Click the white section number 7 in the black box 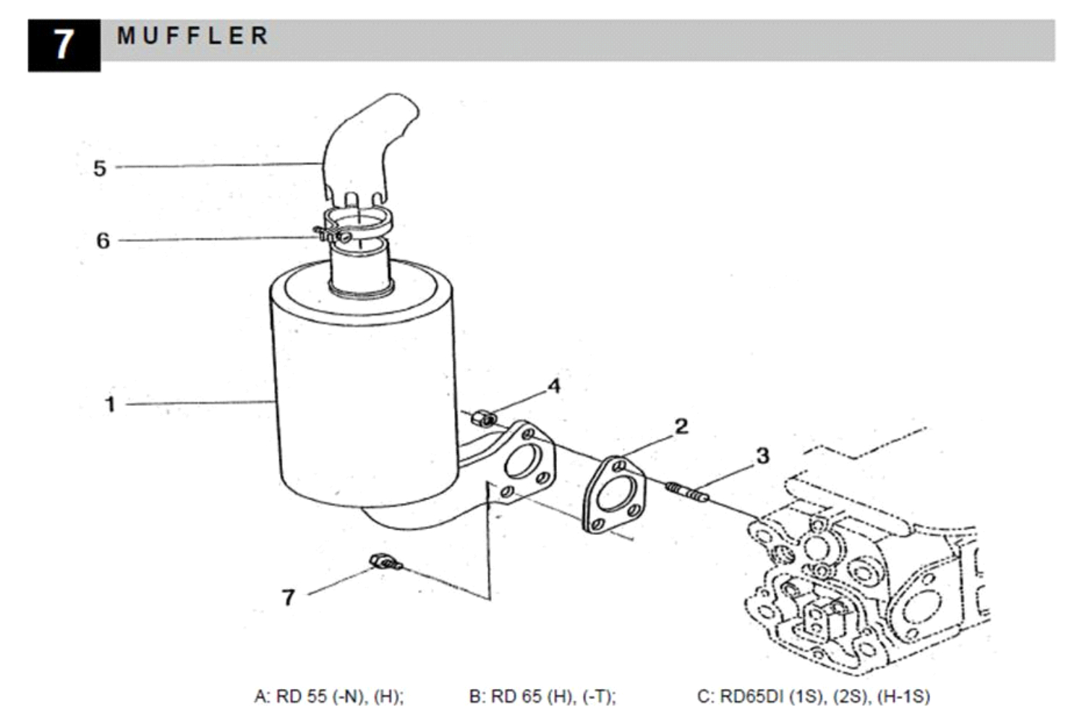[64, 45]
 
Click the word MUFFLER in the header [193, 35]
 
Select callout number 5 [100, 168]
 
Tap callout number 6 [103, 240]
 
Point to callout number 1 [110, 404]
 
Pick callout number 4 [554, 386]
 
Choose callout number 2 [681, 426]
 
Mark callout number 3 [762, 456]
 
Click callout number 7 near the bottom [288, 597]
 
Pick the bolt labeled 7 [385, 562]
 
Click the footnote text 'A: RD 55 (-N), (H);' [329, 697]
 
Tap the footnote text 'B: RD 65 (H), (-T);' [542, 697]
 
